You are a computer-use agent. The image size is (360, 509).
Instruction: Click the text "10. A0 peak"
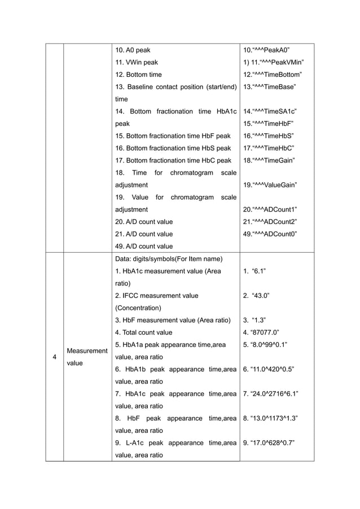tap(133, 50)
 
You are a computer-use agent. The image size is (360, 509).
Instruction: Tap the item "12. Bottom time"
tap(138, 74)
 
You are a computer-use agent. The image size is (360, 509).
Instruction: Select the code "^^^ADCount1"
tap(278, 209)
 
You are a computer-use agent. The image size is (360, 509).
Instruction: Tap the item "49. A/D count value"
tap(144, 246)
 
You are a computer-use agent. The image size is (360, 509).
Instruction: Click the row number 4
tap(54, 357)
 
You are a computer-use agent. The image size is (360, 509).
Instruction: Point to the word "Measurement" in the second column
tap(86, 351)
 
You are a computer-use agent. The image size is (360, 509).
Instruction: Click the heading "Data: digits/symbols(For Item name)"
tap(169, 259)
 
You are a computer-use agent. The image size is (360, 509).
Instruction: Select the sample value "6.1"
tap(259, 271)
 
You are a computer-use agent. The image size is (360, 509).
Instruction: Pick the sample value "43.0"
tap(261, 296)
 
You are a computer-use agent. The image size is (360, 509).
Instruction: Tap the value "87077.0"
tap(262, 332)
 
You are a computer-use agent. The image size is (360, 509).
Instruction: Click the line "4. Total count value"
tap(144, 332)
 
